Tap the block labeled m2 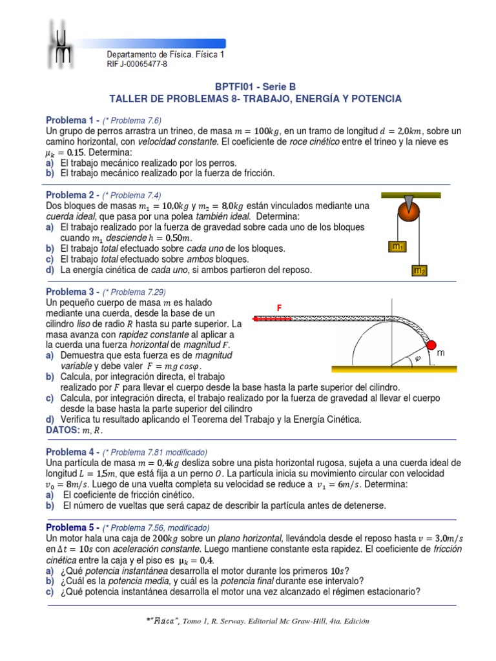point(419,271)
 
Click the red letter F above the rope point(280,309)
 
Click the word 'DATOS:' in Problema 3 point(62,430)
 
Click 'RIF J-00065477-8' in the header point(136,65)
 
